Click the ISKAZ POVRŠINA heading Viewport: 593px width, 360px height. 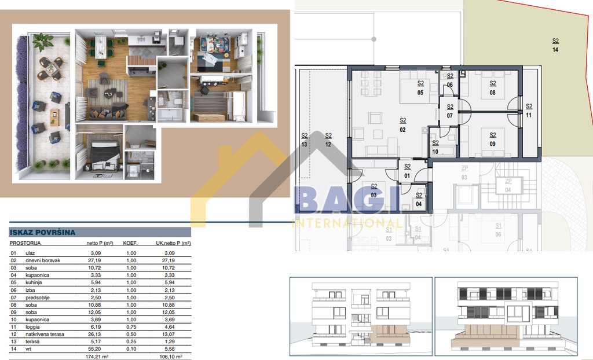(x=43, y=232)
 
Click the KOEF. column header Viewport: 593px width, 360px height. (x=130, y=244)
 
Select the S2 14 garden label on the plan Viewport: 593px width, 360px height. (x=555, y=45)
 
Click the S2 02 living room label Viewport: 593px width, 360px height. (x=402, y=125)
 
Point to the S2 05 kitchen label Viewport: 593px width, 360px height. (x=420, y=88)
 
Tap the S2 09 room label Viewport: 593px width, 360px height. (x=492, y=139)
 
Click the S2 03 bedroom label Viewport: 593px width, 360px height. (x=374, y=190)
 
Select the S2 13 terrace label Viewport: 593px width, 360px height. (x=305, y=140)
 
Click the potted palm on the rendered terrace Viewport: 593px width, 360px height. (x=42, y=42)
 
